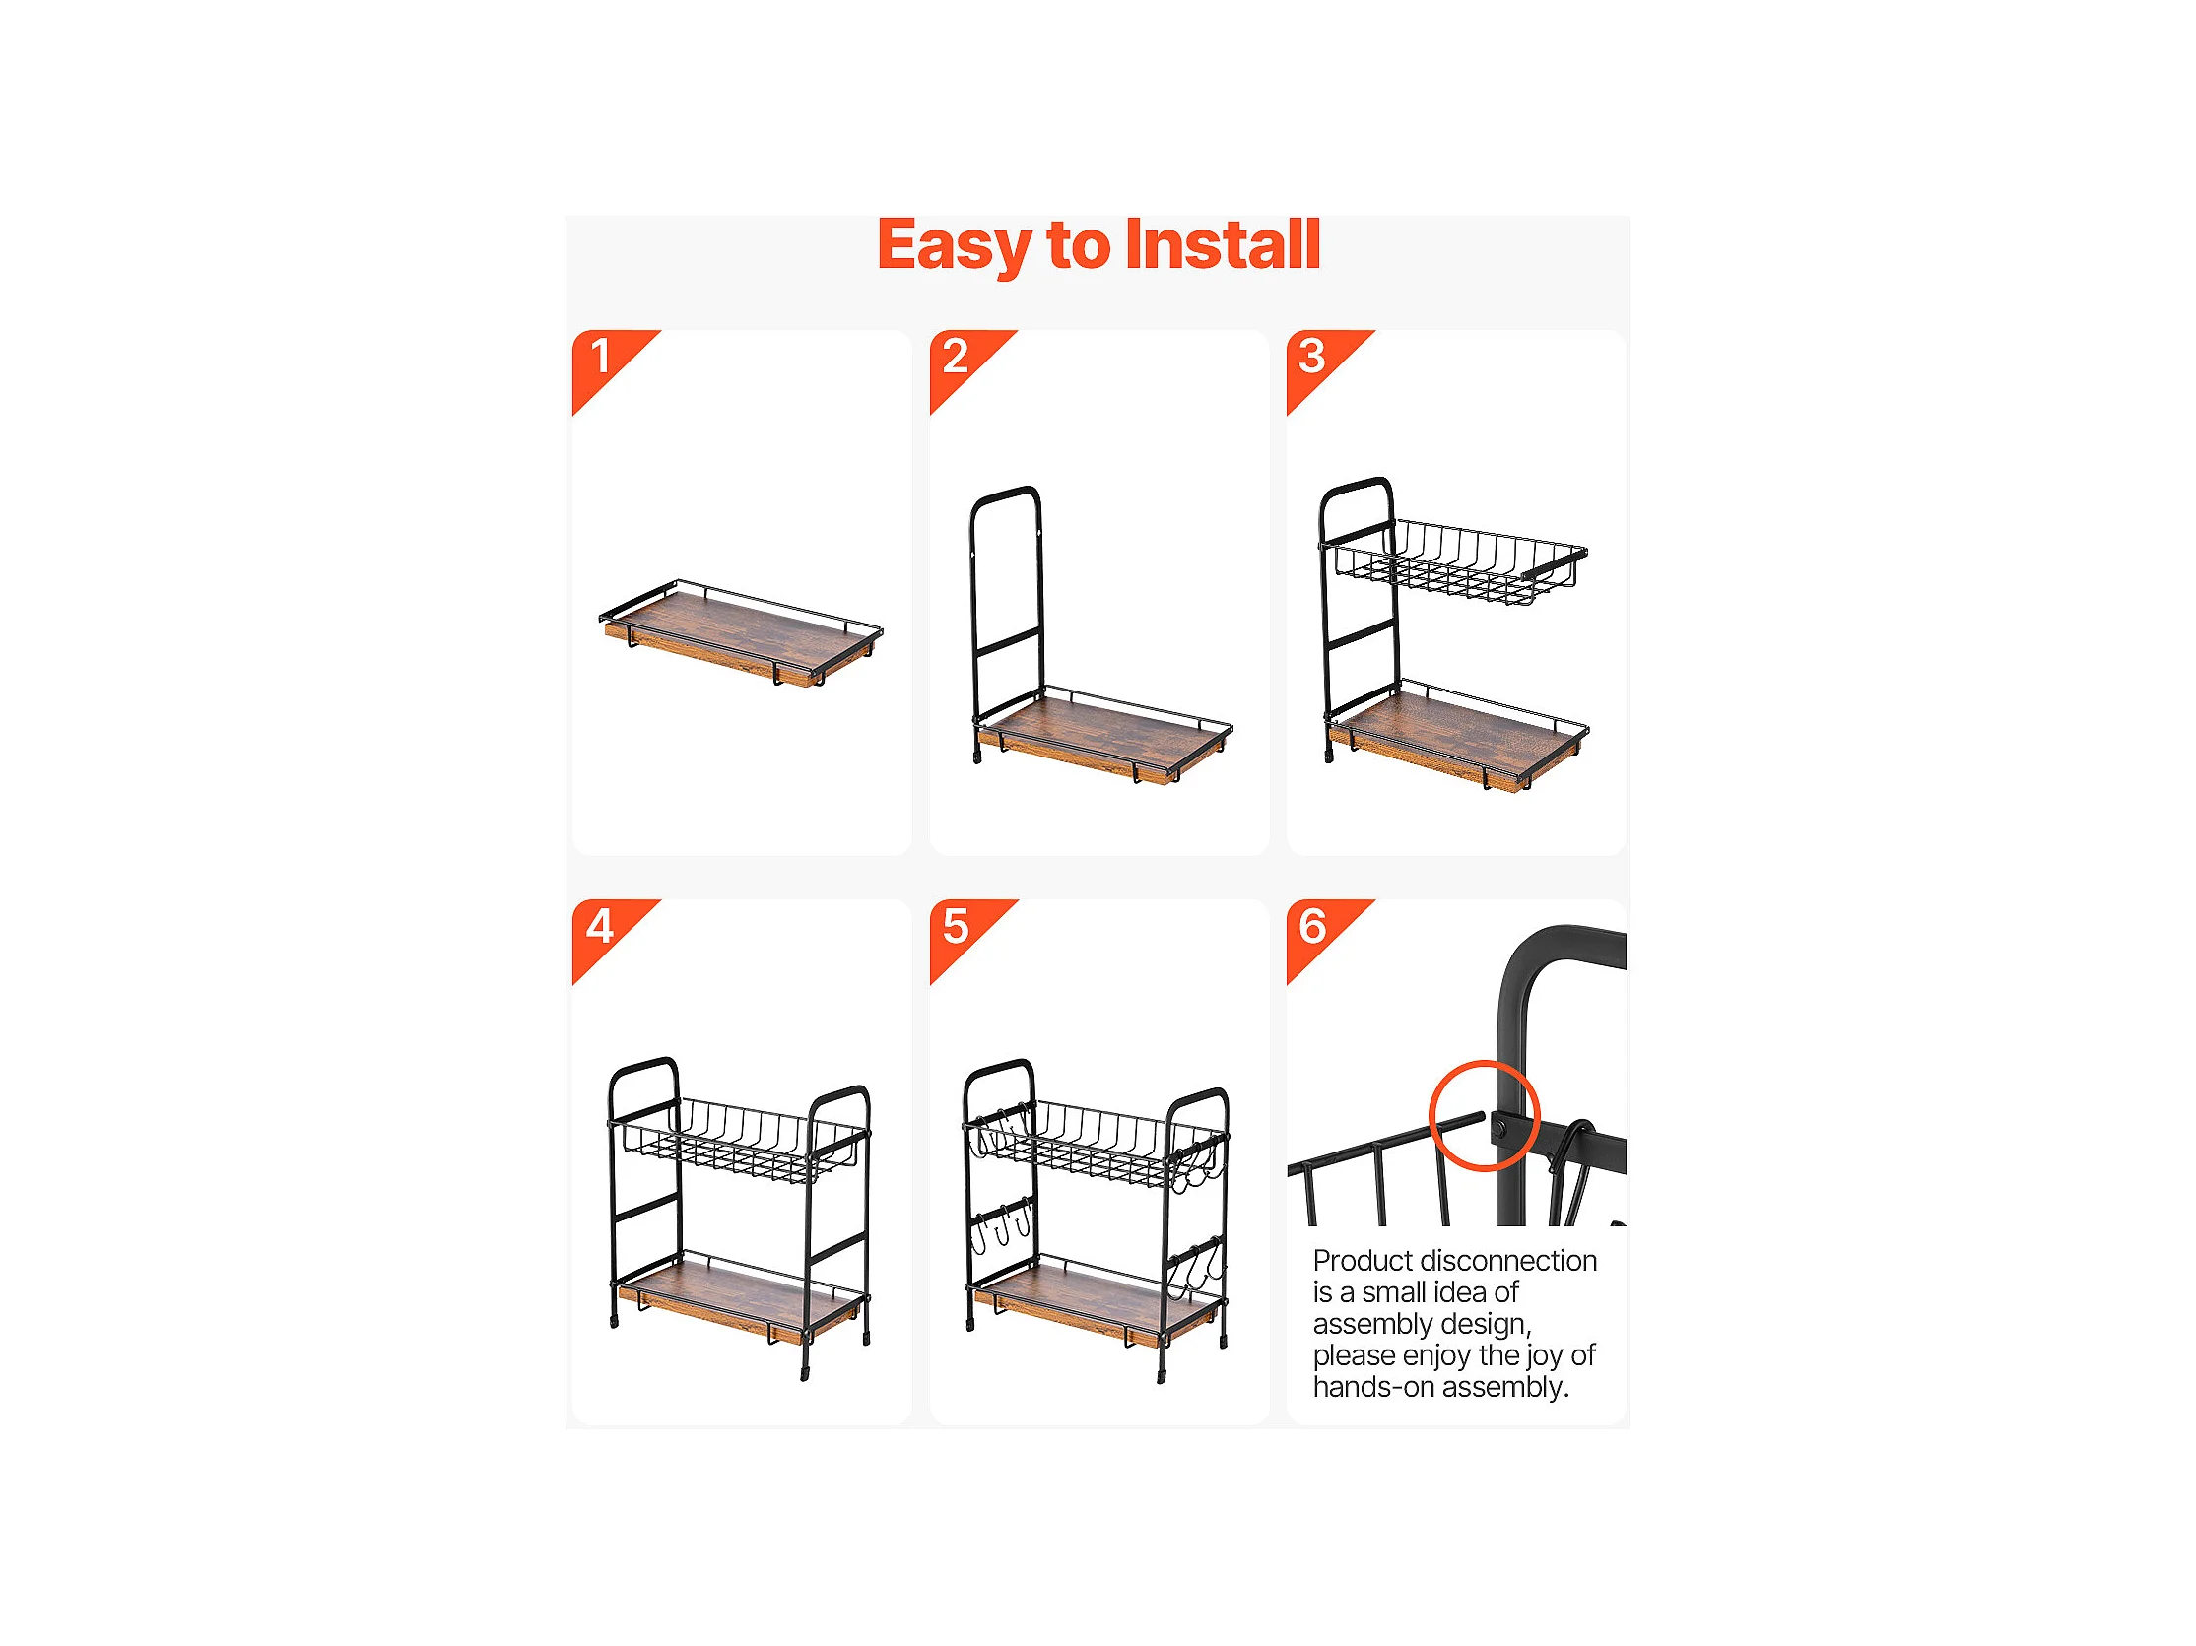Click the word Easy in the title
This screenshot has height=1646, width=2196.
(x=954, y=246)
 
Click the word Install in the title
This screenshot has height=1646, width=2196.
(x=1223, y=243)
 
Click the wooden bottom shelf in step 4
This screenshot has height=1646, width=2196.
(x=741, y=1299)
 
